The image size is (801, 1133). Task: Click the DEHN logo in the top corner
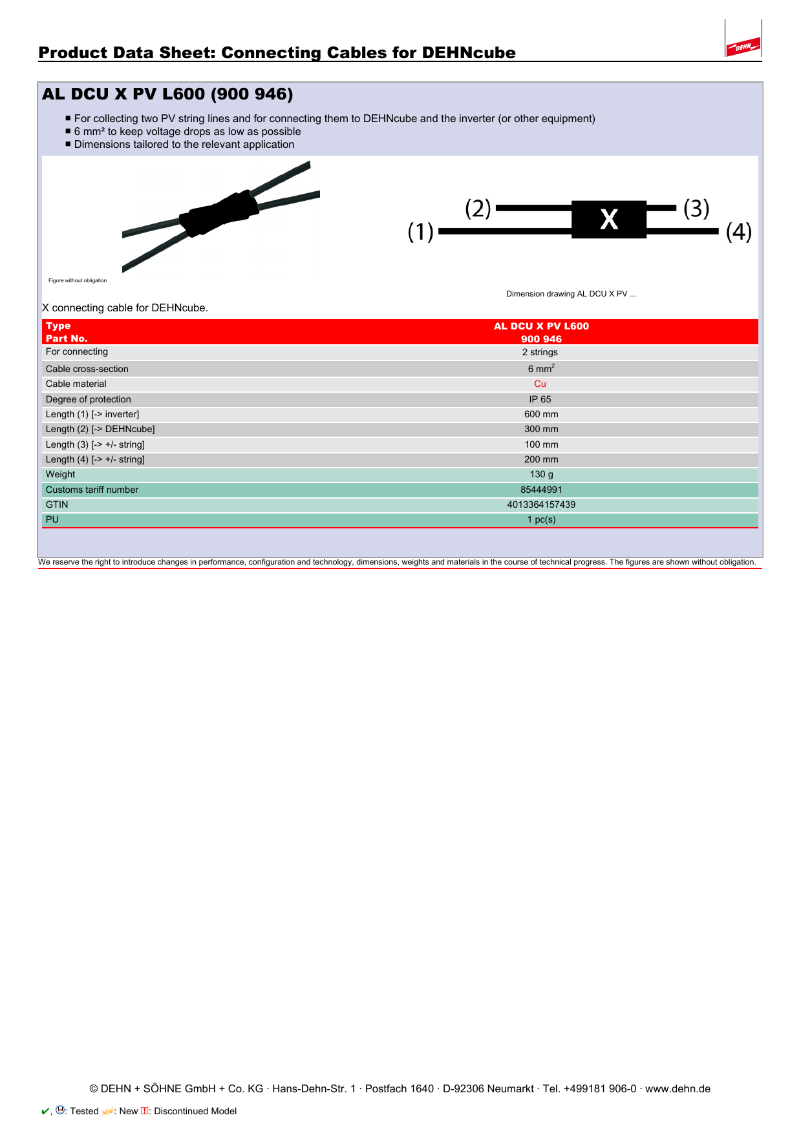click(743, 47)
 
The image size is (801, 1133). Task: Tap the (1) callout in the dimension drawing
click(420, 231)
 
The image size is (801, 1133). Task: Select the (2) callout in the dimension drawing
click(478, 209)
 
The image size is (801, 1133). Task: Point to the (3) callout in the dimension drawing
click(696, 209)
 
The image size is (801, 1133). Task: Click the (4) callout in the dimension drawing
click(738, 231)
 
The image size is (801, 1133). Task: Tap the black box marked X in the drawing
click(608, 220)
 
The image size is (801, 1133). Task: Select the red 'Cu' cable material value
click(540, 384)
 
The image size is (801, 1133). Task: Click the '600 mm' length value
click(541, 414)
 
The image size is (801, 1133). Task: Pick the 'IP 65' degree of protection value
click(540, 399)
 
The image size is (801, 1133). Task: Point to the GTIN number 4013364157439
click(541, 504)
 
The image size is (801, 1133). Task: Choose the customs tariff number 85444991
click(541, 490)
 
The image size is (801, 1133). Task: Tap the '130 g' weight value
click(541, 474)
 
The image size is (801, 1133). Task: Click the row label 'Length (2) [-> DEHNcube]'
click(100, 429)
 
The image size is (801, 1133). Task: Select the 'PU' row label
click(52, 519)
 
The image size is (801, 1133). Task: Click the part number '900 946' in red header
click(541, 339)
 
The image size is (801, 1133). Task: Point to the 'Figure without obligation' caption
click(78, 280)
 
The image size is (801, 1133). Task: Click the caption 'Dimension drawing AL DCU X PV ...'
click(571, 294)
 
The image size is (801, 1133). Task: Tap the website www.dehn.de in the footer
click(678, 1088)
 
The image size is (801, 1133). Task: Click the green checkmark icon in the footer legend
click(45, 1111)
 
